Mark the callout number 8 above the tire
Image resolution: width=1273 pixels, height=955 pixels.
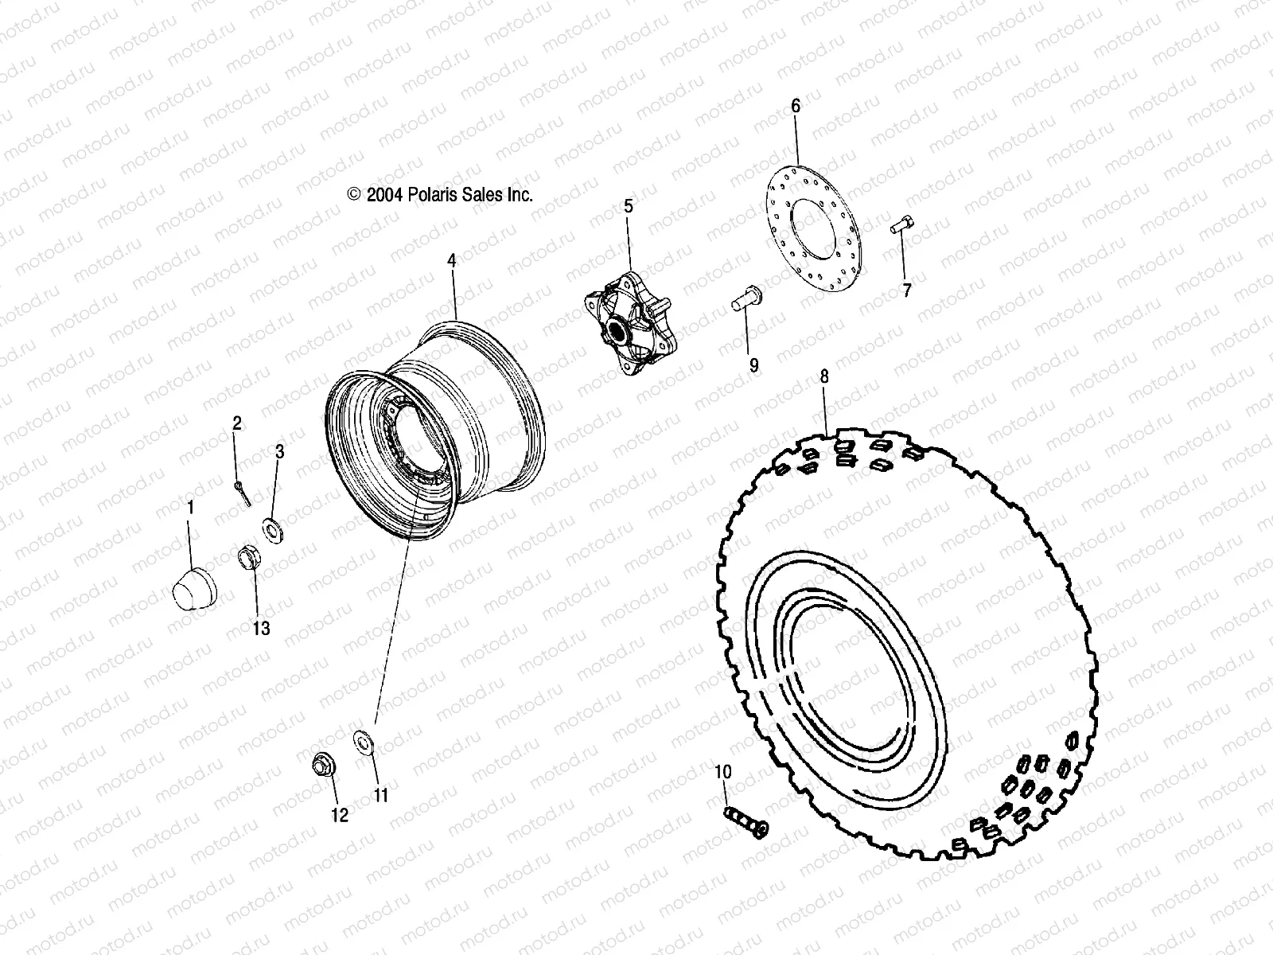(x=824, y=376)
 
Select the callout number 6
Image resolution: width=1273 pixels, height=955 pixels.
(x=796, y=106)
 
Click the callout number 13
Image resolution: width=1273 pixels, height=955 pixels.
(x=261, y=629)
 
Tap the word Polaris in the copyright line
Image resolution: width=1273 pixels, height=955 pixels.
(x=456, y=195)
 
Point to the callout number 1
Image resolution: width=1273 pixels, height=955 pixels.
(x=190, y=506)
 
